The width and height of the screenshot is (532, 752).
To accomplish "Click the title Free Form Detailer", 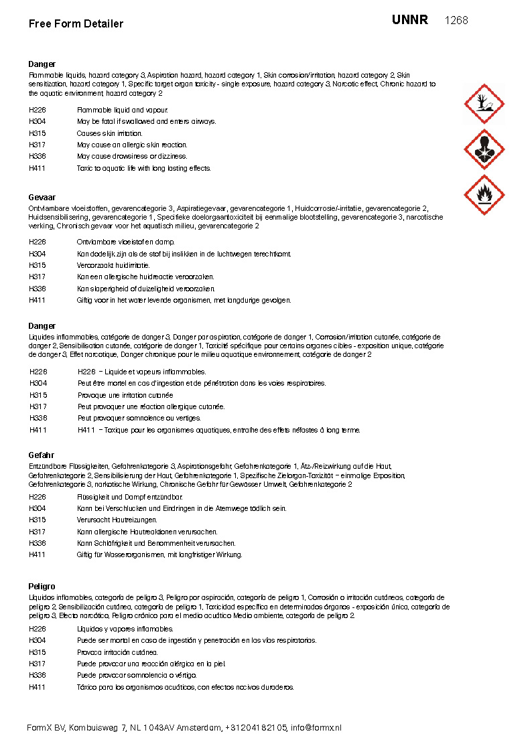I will (76, 24).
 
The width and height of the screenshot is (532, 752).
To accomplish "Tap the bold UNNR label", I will (409, 20).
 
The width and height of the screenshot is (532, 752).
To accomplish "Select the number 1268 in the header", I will (456, 21).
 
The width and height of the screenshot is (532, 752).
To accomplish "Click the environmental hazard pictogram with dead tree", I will (484, 104).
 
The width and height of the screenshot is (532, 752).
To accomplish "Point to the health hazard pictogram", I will (484, 149).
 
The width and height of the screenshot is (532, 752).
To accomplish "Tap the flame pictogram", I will (484, 195).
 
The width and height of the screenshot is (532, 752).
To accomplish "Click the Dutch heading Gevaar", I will (42, 198).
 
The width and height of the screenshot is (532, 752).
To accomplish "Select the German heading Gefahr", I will (41, 455).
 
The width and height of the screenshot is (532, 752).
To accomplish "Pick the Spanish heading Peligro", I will (42, 587).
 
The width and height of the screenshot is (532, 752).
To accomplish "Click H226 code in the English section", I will (37, 110).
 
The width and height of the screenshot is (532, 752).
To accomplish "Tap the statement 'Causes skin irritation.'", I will (109, 133).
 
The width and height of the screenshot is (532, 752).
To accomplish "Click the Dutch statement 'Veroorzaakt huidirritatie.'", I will (113, 265).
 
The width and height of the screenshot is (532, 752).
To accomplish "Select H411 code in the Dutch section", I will (37, 300).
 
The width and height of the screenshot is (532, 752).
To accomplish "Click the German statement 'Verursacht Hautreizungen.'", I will (117, 520).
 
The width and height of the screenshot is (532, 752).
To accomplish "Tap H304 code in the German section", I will (37, 508).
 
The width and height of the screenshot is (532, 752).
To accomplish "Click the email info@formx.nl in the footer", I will (316, 728).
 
